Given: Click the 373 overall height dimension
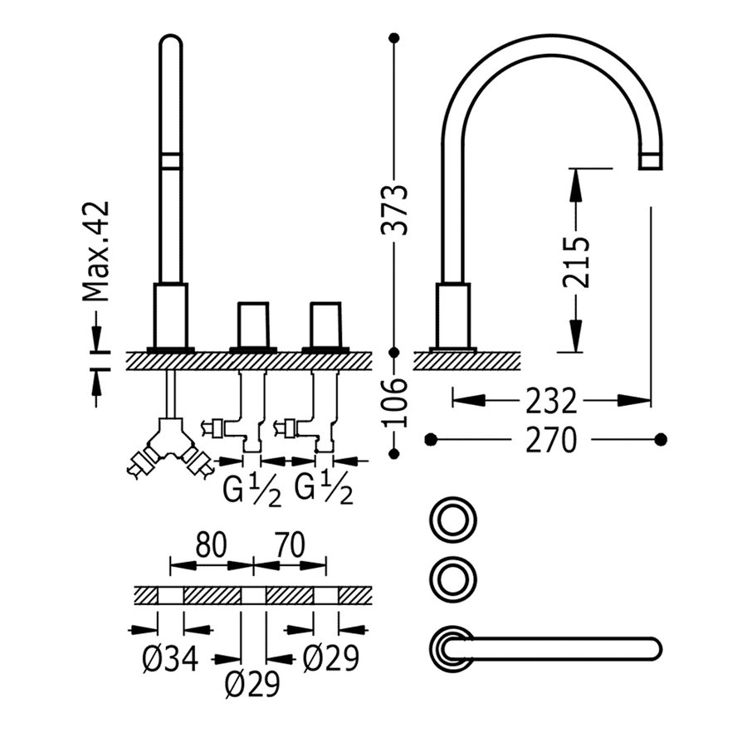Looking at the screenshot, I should coord(398,210).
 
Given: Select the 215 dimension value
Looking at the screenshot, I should coord(576,261).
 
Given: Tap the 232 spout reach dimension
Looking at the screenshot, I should coord(549,402).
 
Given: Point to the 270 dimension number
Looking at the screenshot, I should coord(549,440).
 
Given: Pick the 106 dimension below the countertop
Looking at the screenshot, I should coord(398,403).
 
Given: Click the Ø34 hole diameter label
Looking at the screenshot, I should coord(171,660).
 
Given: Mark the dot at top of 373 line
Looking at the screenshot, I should coord(394,38).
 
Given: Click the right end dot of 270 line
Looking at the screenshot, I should coord(661,438).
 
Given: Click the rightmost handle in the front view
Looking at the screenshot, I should coord(325,325).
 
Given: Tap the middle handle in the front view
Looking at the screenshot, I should coord(253,325).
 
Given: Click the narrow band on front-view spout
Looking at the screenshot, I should coord(170,161).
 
